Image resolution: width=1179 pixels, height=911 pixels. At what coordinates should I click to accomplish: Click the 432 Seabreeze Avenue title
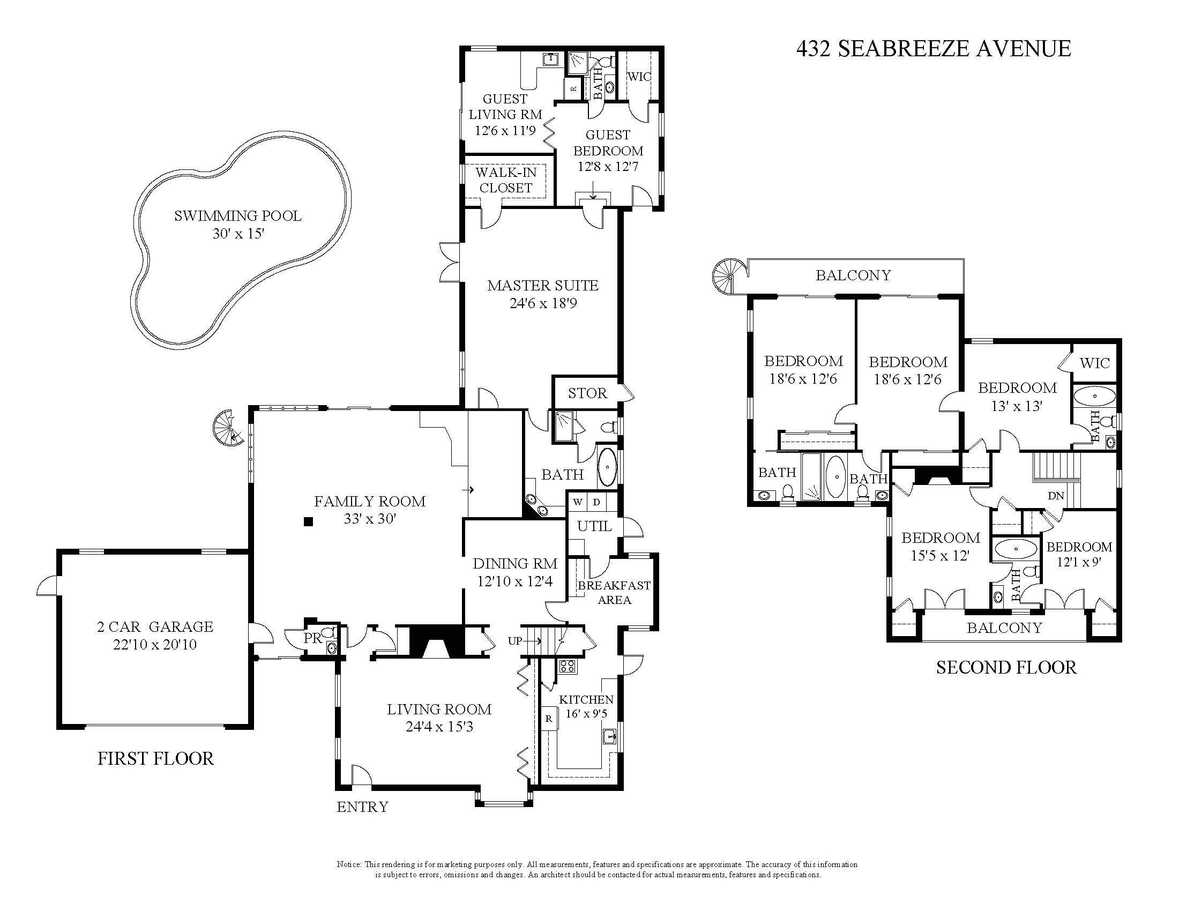934,49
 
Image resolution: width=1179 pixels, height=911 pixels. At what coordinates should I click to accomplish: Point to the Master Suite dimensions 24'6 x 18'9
543,303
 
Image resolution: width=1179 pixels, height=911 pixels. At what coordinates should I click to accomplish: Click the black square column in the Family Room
308,521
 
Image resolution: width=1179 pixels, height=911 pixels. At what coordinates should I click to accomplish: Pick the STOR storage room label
587,393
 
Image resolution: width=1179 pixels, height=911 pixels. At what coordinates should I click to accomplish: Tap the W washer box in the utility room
578,502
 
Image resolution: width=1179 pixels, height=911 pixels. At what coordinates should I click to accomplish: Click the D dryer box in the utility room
596,502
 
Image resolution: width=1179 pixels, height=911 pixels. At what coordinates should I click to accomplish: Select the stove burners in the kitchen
568,666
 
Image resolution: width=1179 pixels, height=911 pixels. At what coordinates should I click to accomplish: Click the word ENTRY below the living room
362,807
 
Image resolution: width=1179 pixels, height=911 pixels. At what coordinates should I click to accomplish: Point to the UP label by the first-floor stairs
515,641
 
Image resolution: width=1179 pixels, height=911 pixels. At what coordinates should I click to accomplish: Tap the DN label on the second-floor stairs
1056,496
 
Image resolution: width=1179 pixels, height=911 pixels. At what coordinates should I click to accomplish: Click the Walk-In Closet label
506,180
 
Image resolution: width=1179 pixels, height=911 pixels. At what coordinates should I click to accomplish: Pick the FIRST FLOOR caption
155,758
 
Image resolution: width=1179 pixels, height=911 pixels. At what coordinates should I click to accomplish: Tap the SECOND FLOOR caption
1006,668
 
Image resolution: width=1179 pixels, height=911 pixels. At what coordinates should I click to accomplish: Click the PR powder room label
312,638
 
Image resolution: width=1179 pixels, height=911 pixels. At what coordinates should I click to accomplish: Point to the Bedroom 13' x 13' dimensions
1017,406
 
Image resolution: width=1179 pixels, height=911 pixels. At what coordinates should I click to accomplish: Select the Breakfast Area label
614,593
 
